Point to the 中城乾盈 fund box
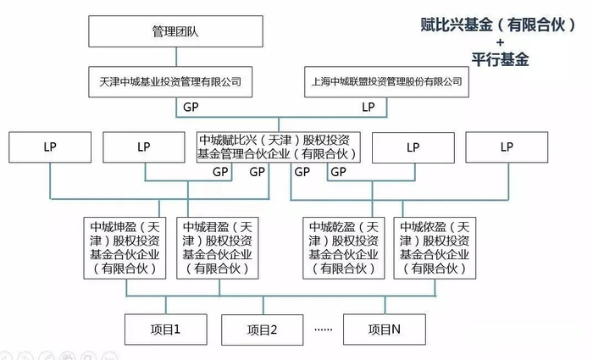tap(346, 247)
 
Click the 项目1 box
tap(167, 329)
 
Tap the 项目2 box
tap(263, 330)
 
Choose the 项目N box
tap(385, 329)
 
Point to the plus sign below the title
tap(501, 42)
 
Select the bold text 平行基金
tap(500, 59)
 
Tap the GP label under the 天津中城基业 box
tap(191, 108)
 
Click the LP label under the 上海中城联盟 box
tap(368, 108)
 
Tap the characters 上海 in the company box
tap(318, 82)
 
